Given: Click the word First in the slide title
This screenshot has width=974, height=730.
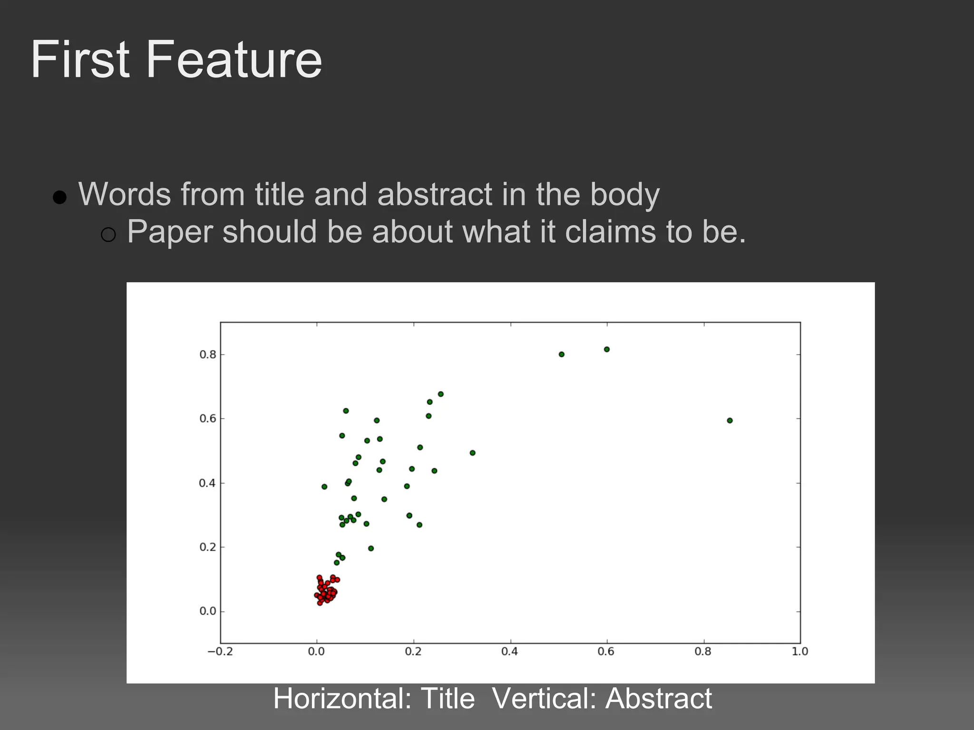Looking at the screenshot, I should [x=80, y=60].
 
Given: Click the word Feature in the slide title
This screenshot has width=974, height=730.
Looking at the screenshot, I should [x=234, y=60].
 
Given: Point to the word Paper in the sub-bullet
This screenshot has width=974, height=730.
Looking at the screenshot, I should [x=170, y=232].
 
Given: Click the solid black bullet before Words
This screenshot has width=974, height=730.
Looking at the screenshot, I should [x=59, y=197].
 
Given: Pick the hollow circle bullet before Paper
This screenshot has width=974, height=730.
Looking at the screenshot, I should [x=108, y=234].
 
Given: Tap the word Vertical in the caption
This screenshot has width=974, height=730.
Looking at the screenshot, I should [x=545, y=699].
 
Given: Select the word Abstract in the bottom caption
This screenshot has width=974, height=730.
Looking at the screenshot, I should [x=659, y=699].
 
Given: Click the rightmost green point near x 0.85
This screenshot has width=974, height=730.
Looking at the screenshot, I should [x=730, y=421].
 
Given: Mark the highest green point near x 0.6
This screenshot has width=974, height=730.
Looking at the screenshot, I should [x=607, y=349].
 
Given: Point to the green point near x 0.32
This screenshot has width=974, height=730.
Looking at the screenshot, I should [x=472, y=453].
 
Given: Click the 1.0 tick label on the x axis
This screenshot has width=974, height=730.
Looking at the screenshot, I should [x=800, y=652].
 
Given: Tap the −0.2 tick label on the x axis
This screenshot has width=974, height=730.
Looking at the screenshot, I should [x=220, y=652].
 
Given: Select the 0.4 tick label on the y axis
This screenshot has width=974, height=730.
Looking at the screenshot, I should [x=207, y=483].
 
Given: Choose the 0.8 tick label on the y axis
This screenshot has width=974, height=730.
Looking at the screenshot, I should [x=207, y=355].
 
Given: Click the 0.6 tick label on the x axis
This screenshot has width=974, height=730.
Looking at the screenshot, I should [x=606, y=652].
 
